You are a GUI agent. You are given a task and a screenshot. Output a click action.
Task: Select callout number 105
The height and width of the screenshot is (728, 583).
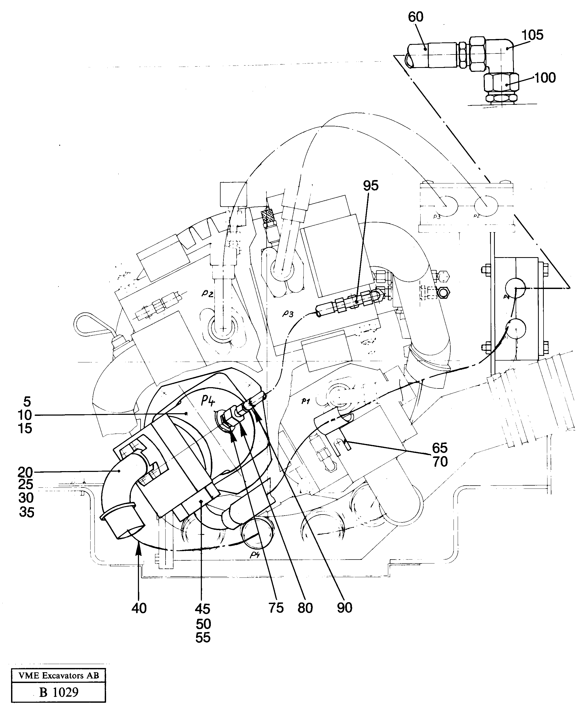pyautogui.click(x=532, y=35)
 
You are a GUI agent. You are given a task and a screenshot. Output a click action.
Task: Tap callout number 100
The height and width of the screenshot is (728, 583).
pyautogui.click(x=545, y=78)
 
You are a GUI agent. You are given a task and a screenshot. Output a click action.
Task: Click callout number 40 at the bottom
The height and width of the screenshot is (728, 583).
pyautogui.click(x=139, y=608)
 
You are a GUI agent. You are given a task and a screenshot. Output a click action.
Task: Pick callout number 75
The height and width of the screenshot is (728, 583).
pyautogui.click(x=276, y=608)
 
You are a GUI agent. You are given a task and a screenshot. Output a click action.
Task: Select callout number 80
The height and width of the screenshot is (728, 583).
pyautogui.click(x=305, y=608)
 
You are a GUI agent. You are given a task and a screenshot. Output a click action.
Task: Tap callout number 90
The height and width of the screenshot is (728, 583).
pyautogui.click(x=344, y=608)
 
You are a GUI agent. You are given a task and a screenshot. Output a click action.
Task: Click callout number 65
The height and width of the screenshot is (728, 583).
pyautogui.click(x=440, y=448)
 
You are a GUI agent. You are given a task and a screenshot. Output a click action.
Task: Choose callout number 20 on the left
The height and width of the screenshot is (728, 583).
pyautogui.click(x=25, y=472)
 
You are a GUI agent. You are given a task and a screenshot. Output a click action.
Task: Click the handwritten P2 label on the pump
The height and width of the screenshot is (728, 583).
pyautogui.click(x=207, y=293)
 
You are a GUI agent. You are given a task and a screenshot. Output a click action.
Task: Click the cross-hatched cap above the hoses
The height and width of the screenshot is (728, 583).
pyautogui.click(x=269, y=215)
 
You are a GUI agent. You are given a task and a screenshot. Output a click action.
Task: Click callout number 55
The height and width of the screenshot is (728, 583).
pyautogui.click(x=203, y=637)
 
